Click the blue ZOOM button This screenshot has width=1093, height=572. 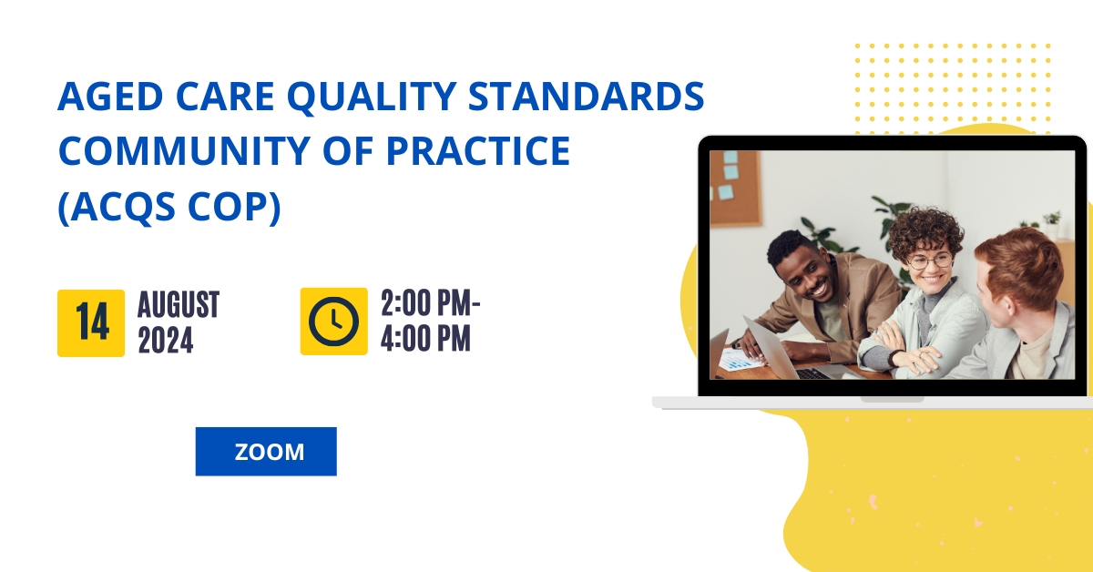click(x=266, y=452)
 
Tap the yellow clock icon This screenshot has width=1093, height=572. click(x=333, y=322)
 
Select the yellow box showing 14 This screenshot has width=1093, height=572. click(x=91, y=323)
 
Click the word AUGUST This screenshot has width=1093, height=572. click(x=179, y=304)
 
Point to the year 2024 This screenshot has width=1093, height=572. click(x=166, y=340)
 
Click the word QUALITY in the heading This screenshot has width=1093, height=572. click(x=372, y=97)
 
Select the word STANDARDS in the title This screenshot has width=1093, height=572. click(x=586, y=96)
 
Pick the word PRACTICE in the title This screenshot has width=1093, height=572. click(x=478, y=150)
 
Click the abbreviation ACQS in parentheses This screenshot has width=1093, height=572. click(x=125, y=207)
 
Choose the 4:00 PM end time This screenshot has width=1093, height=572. click(x=425, y=338)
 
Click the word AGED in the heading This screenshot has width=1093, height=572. click(x=111, y=97)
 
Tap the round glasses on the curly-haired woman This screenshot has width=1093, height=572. click(x=930, y=261)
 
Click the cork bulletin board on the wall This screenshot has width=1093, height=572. click(x=735, y=189)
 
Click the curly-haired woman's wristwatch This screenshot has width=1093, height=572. click(x=894, y=358)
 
